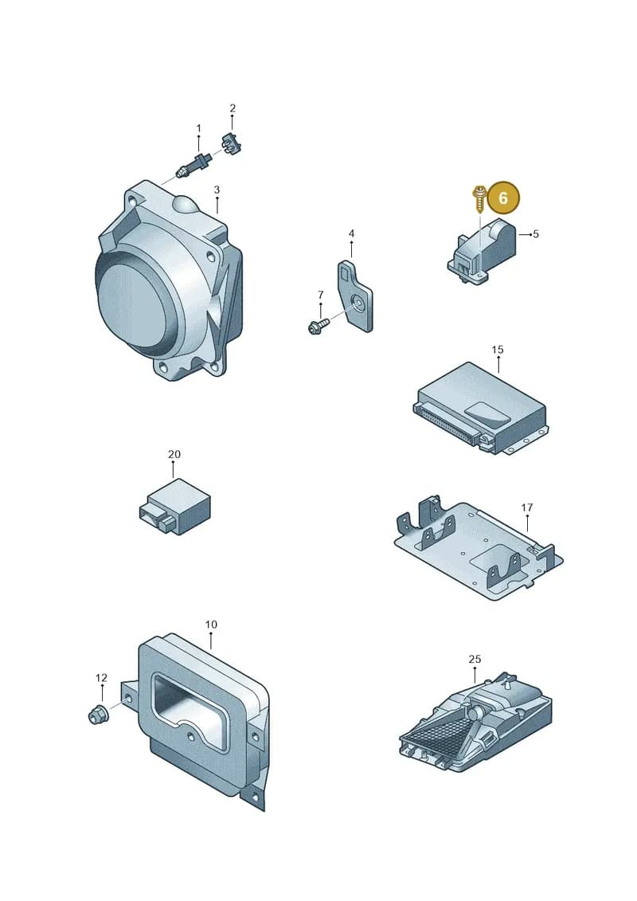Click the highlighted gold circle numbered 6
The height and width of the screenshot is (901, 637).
coord(503,198)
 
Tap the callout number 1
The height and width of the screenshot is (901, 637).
coord(199,128)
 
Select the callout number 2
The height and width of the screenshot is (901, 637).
coord(233,108)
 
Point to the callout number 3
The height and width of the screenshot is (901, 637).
coord(217,190)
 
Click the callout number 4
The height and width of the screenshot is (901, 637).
coord(351,234)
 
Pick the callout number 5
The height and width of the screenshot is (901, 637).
coord(536,234)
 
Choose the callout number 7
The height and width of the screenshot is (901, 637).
coord(321,295)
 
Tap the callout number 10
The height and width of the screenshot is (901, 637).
coord(211,625)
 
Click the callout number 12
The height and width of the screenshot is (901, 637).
coord(101,678)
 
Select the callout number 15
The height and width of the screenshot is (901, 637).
coord(498,350)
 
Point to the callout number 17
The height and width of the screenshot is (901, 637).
coord(526,507)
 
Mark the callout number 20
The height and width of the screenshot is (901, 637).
coord(174,454)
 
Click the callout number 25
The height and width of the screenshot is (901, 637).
coord(475,659)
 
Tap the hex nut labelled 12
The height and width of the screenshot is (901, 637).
coord(97,715)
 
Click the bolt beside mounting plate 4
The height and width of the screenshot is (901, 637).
coord(318,327)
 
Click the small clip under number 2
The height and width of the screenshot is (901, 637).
coord(230,143)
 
